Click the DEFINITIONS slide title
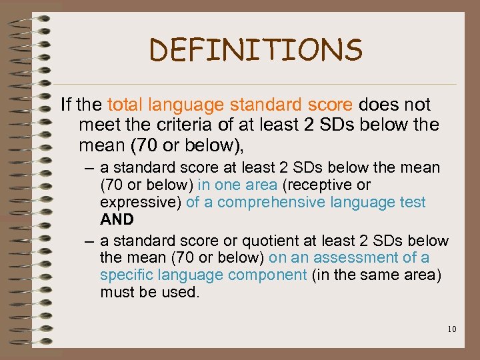point(256,50)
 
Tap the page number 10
point(451,329)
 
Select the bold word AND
point(117,219)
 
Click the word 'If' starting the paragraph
point(65,105)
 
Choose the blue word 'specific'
point(123,275)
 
